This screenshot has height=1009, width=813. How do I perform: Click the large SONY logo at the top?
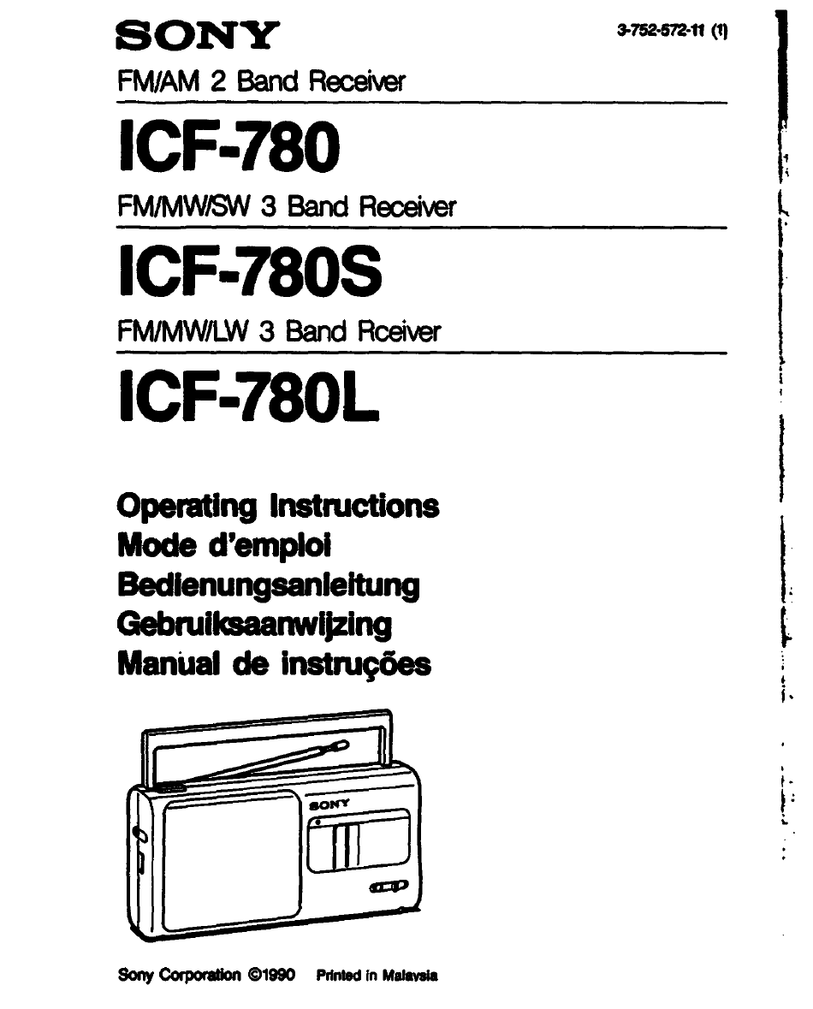click(198, 35)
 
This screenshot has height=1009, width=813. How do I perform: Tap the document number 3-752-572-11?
click(661, 30)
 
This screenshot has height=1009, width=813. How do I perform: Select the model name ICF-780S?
click(251, 271)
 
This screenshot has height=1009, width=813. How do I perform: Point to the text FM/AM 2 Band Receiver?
click(261, 81)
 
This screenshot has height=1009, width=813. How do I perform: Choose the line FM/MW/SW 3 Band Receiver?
click(287, 206)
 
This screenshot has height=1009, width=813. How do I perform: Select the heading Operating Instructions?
click(278, 507)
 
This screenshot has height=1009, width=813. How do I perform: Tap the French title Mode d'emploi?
click(224, 546)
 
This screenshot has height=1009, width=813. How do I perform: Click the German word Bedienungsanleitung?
click(269, 585)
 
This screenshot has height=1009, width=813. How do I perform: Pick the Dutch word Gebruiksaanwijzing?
click(254, 625)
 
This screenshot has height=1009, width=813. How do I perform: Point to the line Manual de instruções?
click(274, 664)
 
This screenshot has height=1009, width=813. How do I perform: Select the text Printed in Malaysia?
click(377, 976)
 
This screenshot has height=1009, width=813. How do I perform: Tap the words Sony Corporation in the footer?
click(179, 975)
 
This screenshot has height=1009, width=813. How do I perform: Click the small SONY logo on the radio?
click(329, 804)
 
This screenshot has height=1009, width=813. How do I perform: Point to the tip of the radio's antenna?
click(347, 745)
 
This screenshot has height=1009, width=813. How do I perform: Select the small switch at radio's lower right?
click(389, 887)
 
